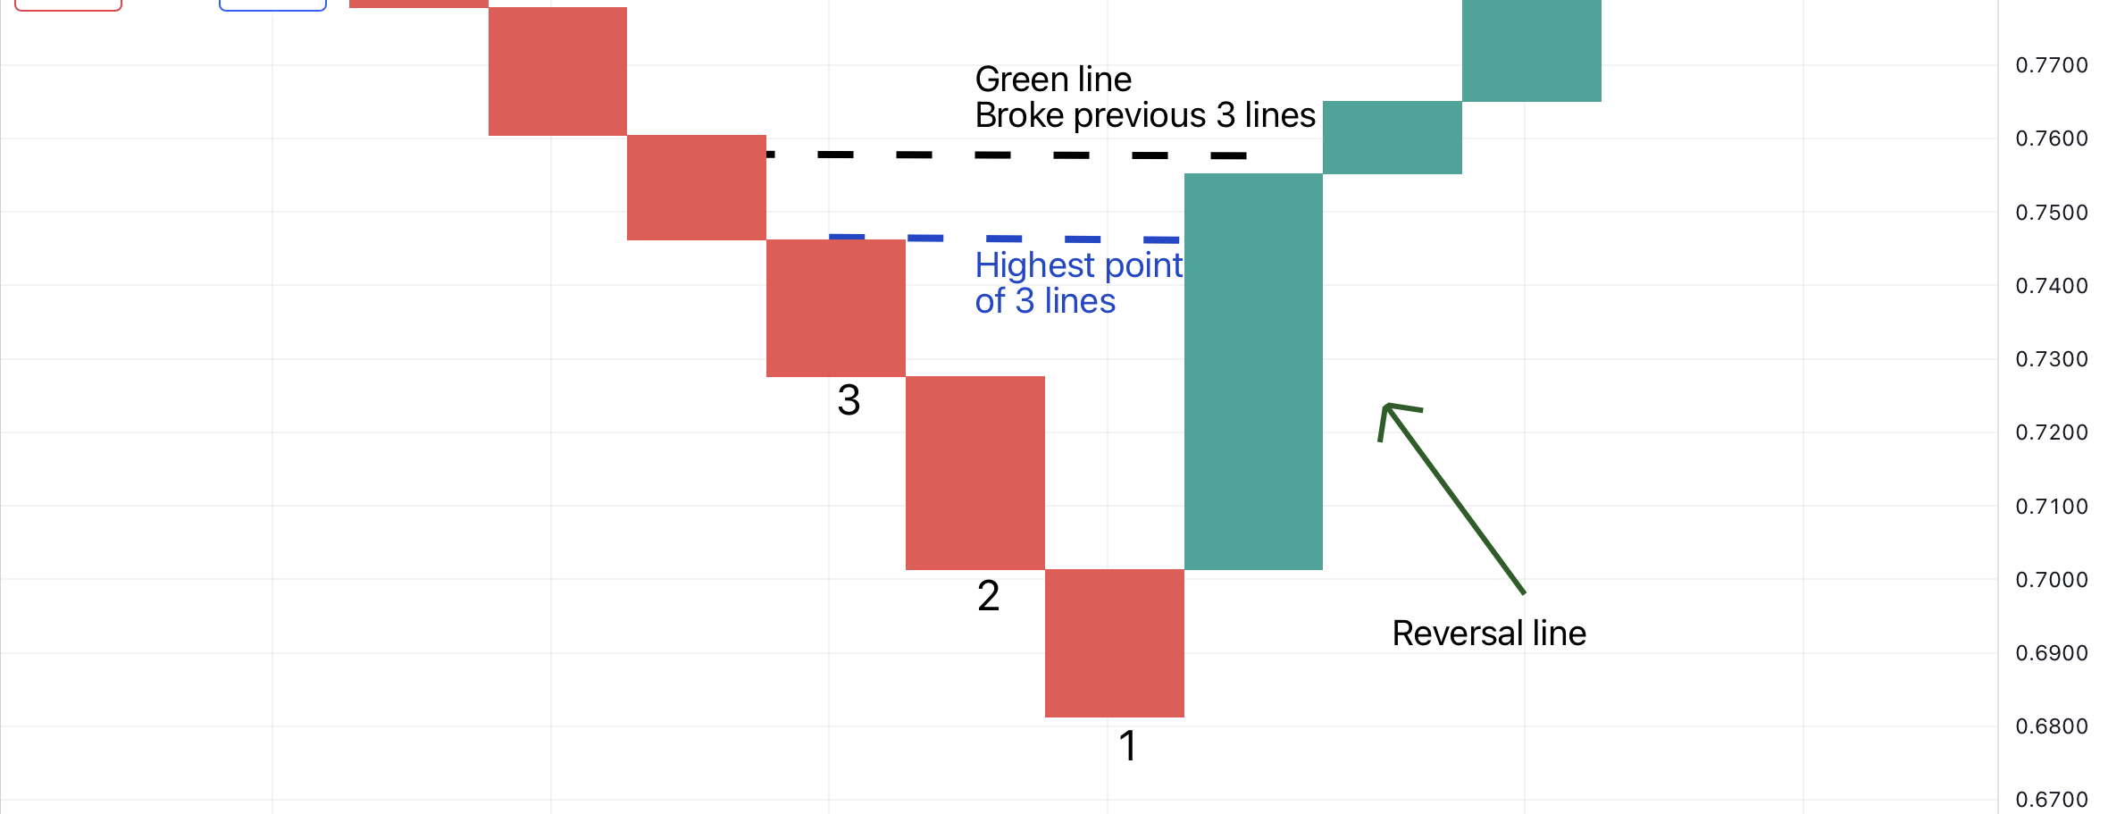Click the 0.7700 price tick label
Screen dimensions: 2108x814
coord(2052,65)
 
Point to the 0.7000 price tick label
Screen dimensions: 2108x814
coord(2052,580)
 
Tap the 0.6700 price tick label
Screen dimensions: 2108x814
coord(2052,800)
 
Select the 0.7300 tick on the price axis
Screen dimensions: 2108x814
coord(2052,359)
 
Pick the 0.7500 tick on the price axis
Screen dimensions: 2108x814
coord(2052,213)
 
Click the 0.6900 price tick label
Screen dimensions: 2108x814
coord(2052,653)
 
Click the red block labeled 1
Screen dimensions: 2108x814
coord(1115,643)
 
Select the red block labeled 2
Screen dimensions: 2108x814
coord(975,473)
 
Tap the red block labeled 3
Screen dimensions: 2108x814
coord(836,308)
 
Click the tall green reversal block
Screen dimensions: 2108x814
coord(1253,372)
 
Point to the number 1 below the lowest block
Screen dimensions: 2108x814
coord(1128,746)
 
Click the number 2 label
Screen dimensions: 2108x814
coord(989,596)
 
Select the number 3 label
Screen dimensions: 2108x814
coord(849,399)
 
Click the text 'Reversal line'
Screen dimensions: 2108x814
coord(1489,634)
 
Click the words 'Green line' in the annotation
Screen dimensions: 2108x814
coord(1053,80)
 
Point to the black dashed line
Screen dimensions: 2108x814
coord(1007,155)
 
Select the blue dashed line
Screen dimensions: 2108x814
coord(1005,239)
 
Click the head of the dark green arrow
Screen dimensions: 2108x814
coord(1386,407)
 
